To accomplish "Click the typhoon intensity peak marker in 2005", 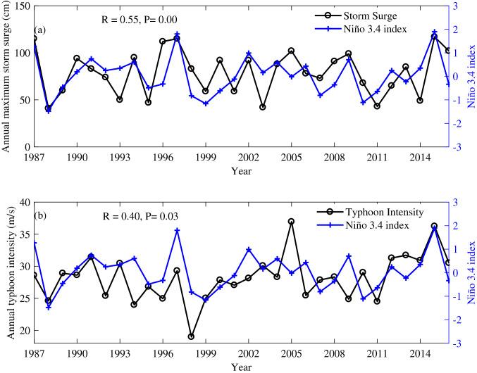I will click(x=291, y=222).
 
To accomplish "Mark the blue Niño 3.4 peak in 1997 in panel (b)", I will click(x=177, y=230).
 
